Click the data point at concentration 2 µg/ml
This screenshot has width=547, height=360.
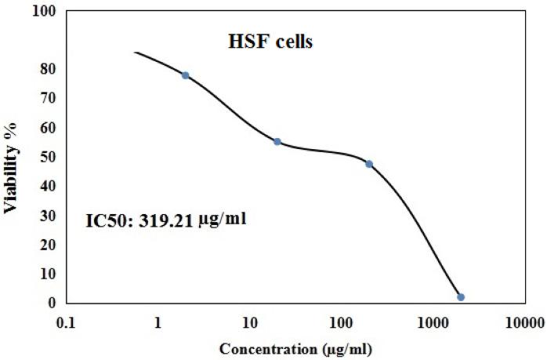point(185,75)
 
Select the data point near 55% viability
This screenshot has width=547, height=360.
point(277,142)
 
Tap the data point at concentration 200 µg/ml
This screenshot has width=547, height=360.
point(369,164)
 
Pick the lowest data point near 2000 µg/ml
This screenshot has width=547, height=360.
point(461,297)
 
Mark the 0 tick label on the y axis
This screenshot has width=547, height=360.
point(52,303)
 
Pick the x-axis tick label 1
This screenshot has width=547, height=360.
point(158,321)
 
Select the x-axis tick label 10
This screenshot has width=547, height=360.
point(249,321)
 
